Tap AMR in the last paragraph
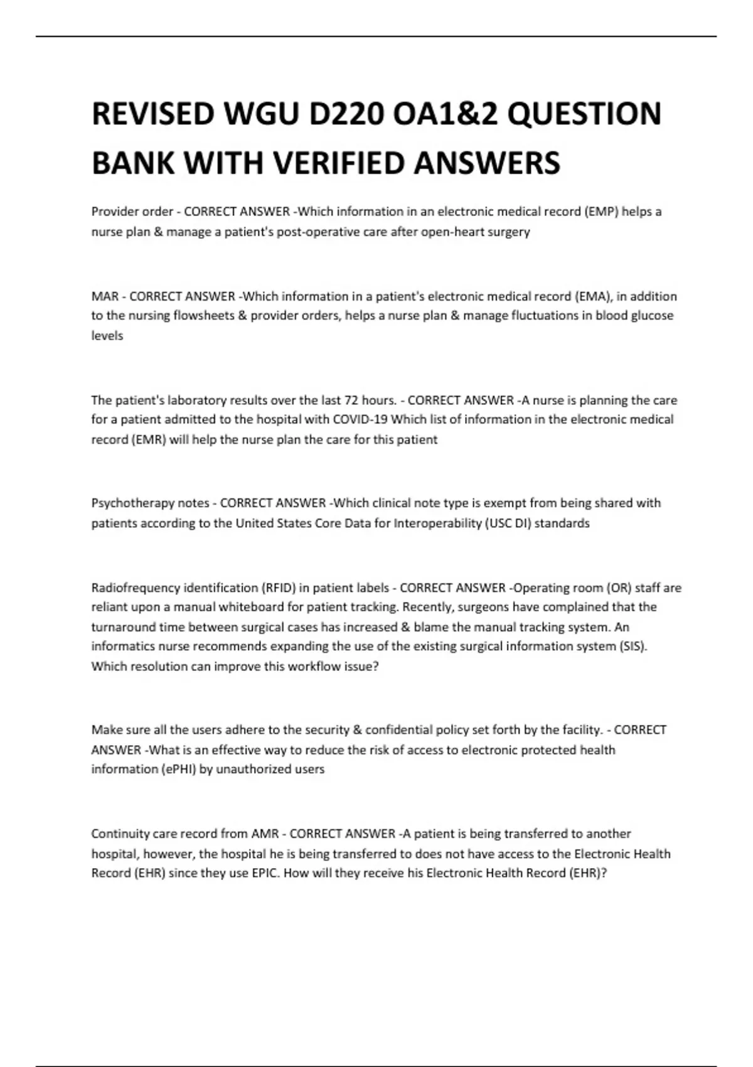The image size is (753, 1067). pos(264,834)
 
